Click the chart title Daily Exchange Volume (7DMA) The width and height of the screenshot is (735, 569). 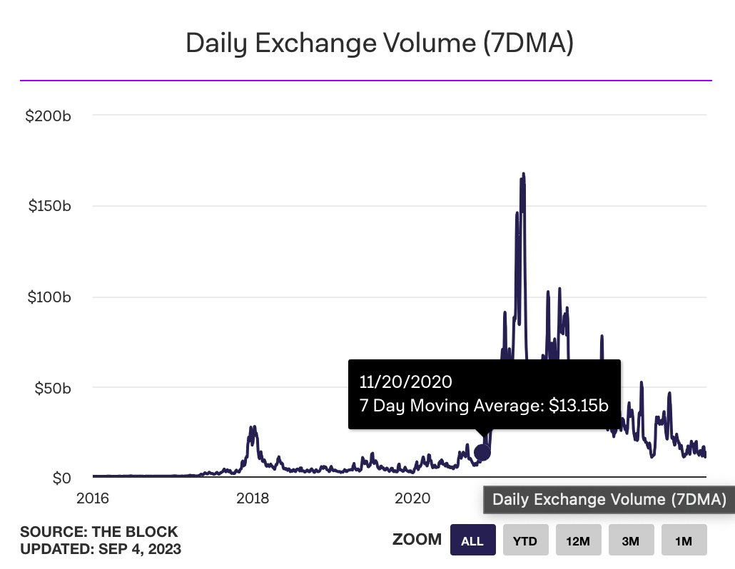pos(380,43)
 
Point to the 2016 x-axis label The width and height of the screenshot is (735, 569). pos(93,498)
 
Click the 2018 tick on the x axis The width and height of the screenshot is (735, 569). pos(252,498)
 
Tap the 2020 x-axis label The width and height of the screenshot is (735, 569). pos(412,498)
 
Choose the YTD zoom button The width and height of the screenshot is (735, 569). pos(525,540)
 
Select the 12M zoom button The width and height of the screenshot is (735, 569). pos(578,540)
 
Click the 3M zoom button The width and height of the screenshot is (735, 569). pos(631,540)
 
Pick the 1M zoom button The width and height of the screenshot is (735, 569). pos(684,540)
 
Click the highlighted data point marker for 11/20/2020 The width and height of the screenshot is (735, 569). pos(482,452)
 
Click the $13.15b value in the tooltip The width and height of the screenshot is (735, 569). pos(579,406)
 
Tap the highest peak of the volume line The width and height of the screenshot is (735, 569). pos(523,174)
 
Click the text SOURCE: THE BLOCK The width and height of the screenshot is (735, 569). pos(99,532)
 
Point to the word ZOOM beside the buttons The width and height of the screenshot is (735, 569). pos(417,540)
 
